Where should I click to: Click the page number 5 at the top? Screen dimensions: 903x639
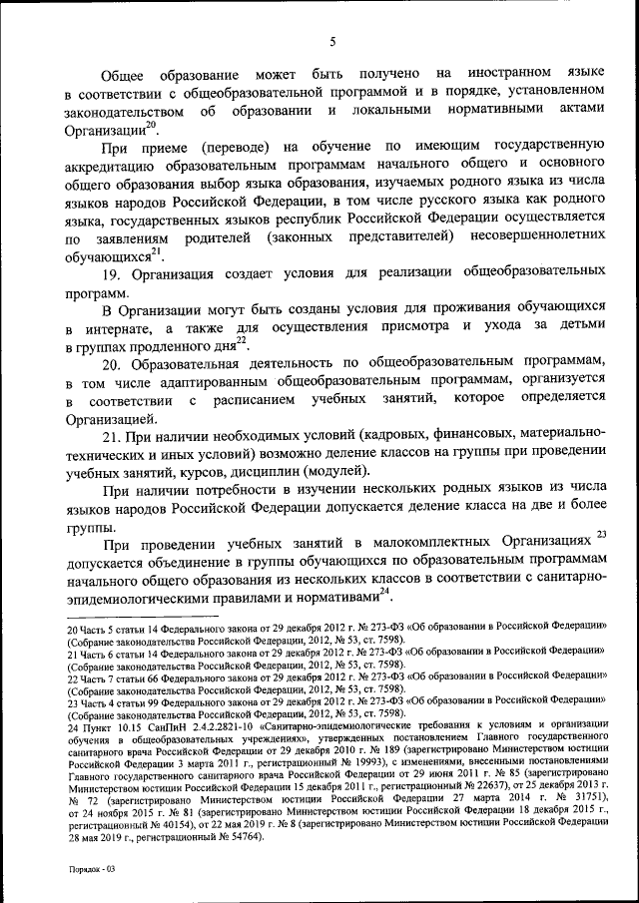[331, 41]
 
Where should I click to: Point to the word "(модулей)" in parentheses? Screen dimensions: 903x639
[338, 471]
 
